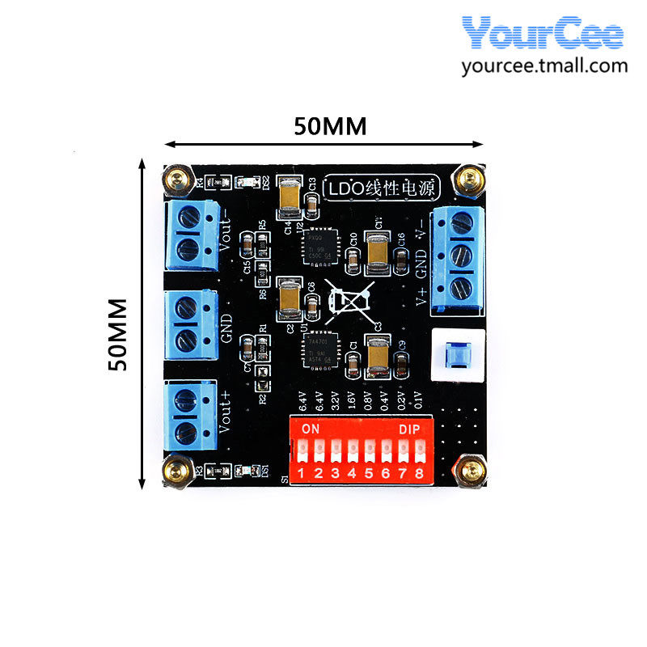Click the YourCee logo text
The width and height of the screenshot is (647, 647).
[x=543, y=33]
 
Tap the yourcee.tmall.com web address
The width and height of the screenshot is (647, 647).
[x=544, y=66]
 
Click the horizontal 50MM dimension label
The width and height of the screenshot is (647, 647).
[x=329, y=126]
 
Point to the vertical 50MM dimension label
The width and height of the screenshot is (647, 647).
[x=119, y=334]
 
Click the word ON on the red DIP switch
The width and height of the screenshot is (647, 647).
[x=310, y=429]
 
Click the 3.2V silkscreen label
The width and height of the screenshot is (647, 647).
[x=335, y=402]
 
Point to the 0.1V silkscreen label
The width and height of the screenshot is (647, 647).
[x=418, y=402]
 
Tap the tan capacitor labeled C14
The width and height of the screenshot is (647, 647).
[x=288, y=197]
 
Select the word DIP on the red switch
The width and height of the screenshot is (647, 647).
[x=409, y=429]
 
